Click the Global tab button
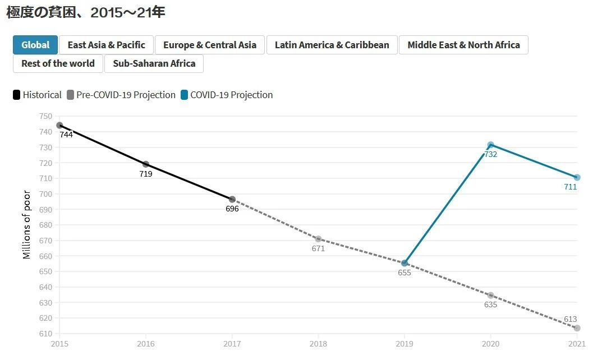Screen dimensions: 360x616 pos(35,45)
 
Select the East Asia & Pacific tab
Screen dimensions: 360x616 pos(106,45)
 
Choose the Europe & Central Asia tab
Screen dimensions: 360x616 pos(210,45)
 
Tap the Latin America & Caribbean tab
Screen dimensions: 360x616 pos(332,45)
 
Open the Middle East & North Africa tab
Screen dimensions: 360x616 pos(463,45)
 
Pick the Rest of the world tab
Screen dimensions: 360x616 pos(58,63)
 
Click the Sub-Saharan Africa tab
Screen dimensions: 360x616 pos(154,63)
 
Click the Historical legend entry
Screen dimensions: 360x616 pos(37,95)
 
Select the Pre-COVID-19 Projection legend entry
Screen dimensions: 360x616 pos(121,95)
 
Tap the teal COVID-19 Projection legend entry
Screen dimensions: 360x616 pos(227,95)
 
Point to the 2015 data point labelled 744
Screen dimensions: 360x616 pos(59,125)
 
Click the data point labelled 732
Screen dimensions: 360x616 pos(491,145)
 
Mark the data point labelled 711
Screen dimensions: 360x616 pos(577,177)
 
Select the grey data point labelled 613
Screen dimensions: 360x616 pos(577,328)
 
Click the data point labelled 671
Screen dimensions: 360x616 pos(318,239)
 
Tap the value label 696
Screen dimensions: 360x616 pos(232,209)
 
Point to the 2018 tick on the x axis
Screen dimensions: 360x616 pos(318,343)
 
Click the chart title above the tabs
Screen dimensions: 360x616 pos(85,12)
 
